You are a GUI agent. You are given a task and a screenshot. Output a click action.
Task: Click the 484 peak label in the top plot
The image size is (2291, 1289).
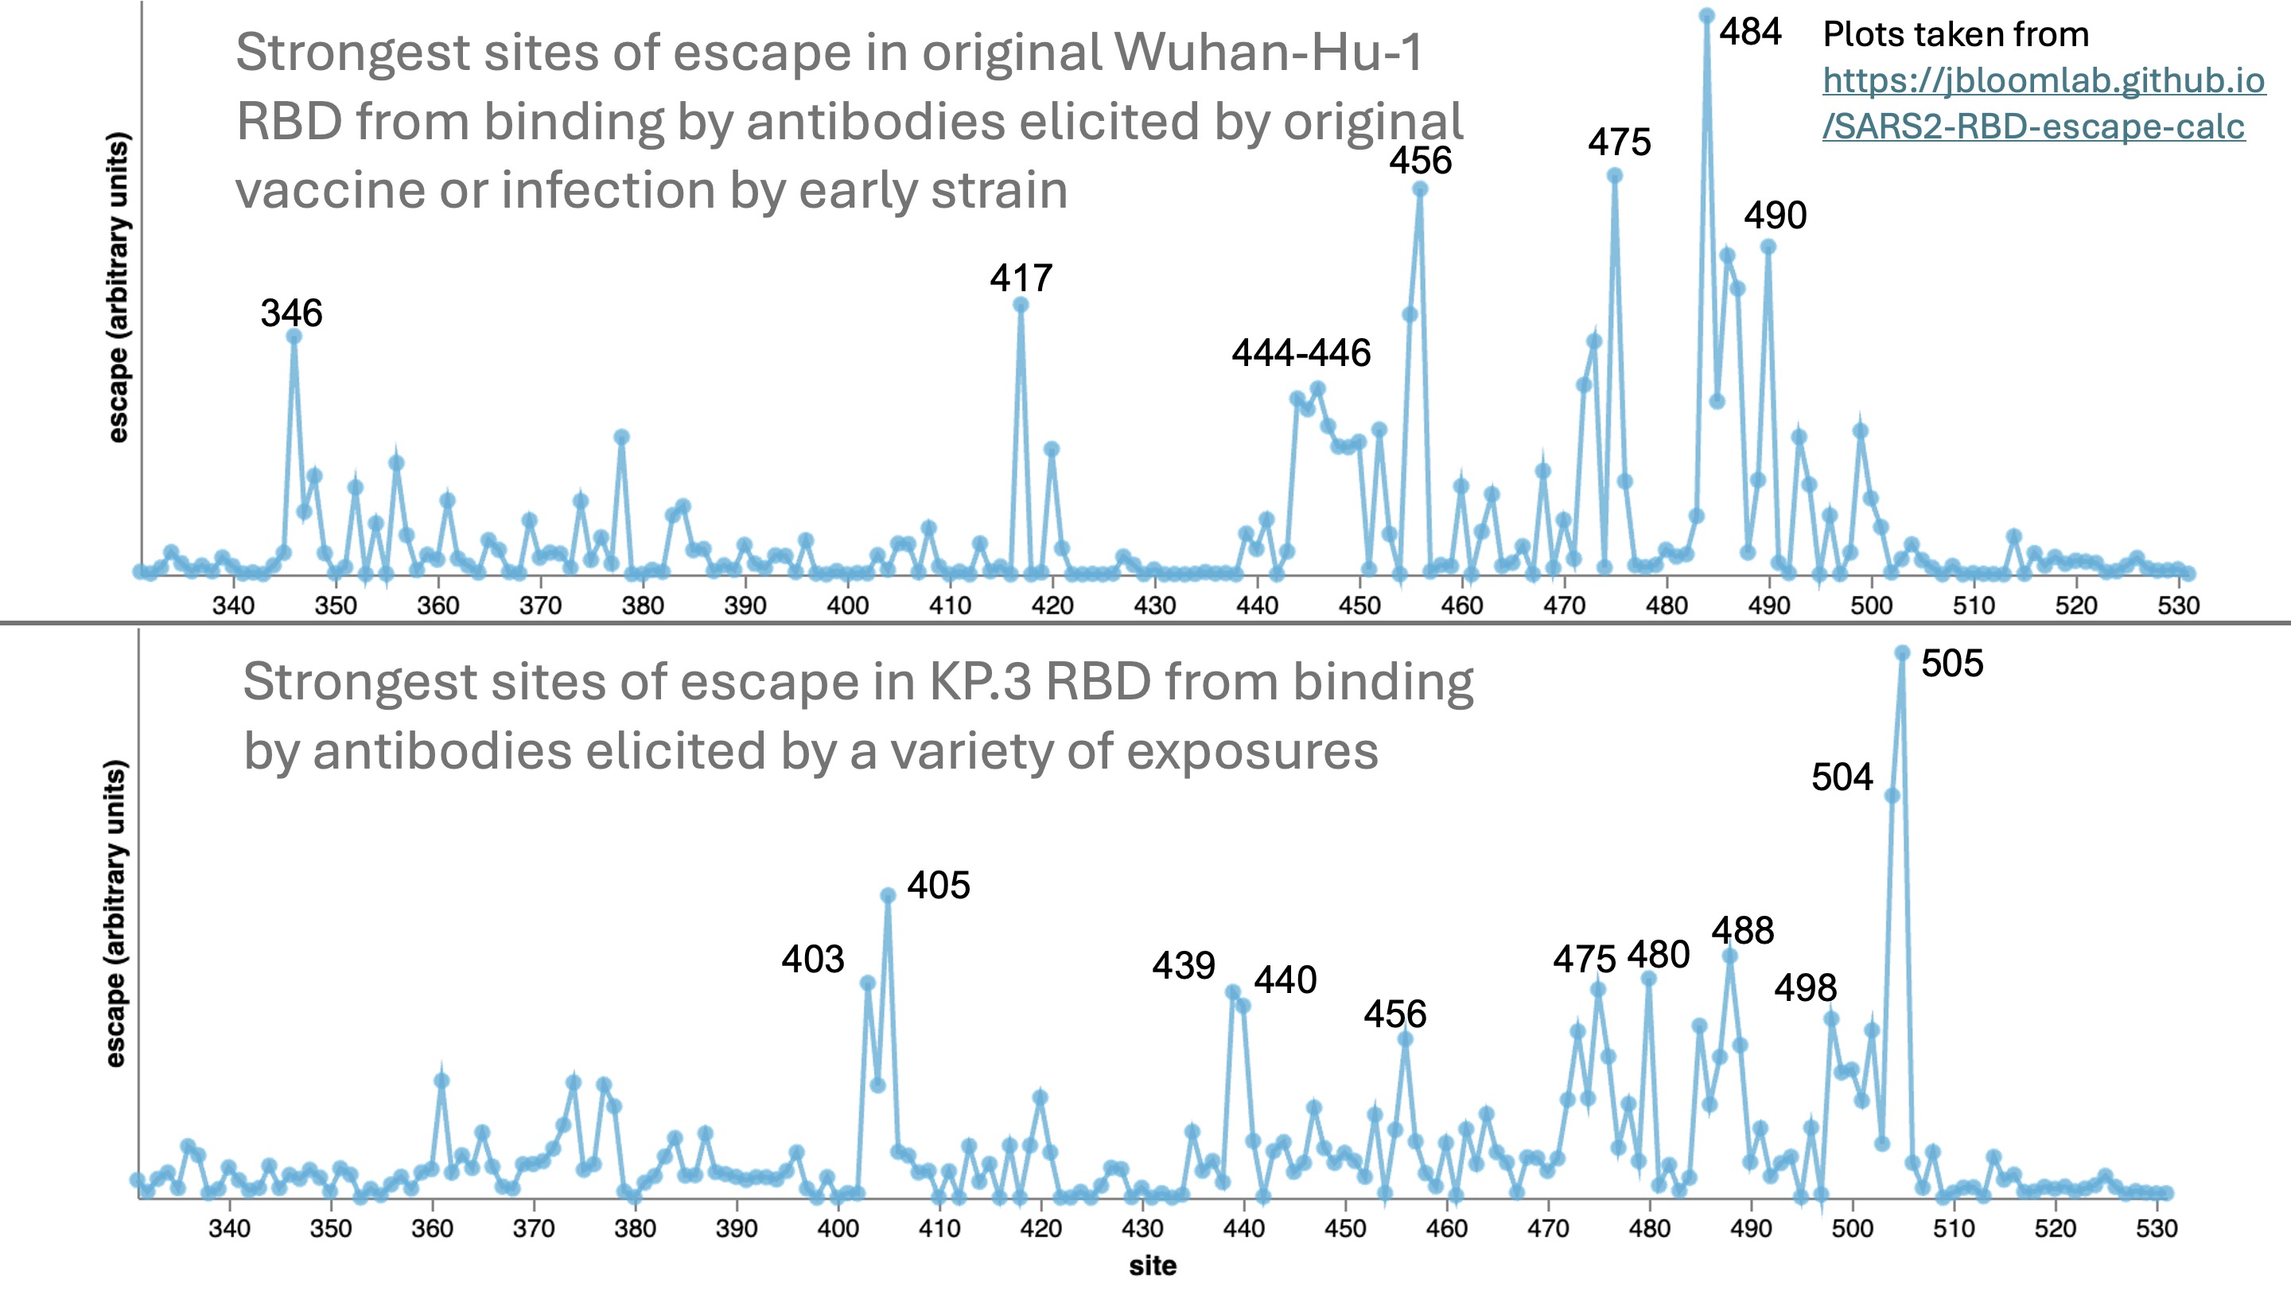1749,33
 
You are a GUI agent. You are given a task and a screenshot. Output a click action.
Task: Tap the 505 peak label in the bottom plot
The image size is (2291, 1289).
1951,664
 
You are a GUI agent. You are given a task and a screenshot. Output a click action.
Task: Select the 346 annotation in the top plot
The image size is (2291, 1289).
291,313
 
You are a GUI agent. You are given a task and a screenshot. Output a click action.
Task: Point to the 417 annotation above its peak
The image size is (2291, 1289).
1021,278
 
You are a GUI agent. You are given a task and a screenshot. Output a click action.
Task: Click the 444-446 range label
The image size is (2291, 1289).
1301,353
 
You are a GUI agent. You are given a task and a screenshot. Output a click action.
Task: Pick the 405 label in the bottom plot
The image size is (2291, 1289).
939,886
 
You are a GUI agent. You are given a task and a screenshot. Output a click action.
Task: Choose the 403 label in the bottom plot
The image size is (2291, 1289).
812,959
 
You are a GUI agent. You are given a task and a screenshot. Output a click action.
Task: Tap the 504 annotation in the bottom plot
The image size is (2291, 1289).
1842,777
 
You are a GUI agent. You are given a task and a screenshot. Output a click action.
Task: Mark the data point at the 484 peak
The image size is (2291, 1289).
1706,15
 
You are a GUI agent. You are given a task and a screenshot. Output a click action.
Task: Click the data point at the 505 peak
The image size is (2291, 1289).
1902,653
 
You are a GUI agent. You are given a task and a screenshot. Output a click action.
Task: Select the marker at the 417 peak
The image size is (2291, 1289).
1021,305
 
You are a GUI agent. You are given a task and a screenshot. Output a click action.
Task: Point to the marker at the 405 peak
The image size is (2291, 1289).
888,895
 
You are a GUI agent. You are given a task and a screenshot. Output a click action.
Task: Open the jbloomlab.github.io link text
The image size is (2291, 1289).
2043,103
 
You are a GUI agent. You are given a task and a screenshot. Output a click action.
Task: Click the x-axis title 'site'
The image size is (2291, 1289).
1153,1266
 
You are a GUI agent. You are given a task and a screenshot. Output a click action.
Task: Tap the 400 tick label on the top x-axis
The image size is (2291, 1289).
847,605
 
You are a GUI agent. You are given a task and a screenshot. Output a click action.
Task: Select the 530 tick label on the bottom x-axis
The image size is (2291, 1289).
2157,1229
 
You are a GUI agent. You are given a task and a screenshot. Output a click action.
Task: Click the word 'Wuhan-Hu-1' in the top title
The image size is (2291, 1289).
1269,53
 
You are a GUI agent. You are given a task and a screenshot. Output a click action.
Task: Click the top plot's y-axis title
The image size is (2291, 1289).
119,286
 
